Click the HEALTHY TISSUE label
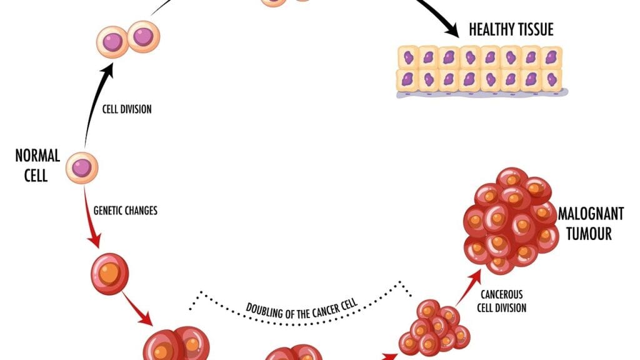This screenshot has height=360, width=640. [511, 29]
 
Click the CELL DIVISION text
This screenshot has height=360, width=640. [127, 109]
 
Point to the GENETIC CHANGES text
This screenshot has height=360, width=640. [125, 211]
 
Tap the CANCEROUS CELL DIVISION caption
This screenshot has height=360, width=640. [501, 300]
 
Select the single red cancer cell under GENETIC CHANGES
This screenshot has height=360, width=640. [111, 273]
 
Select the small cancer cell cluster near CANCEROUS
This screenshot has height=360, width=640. [434, 327]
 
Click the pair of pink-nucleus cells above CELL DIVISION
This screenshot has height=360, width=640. [128, 41]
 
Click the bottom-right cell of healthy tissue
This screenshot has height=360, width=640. [552, 80]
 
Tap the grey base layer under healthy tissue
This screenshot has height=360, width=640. [481, 94]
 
